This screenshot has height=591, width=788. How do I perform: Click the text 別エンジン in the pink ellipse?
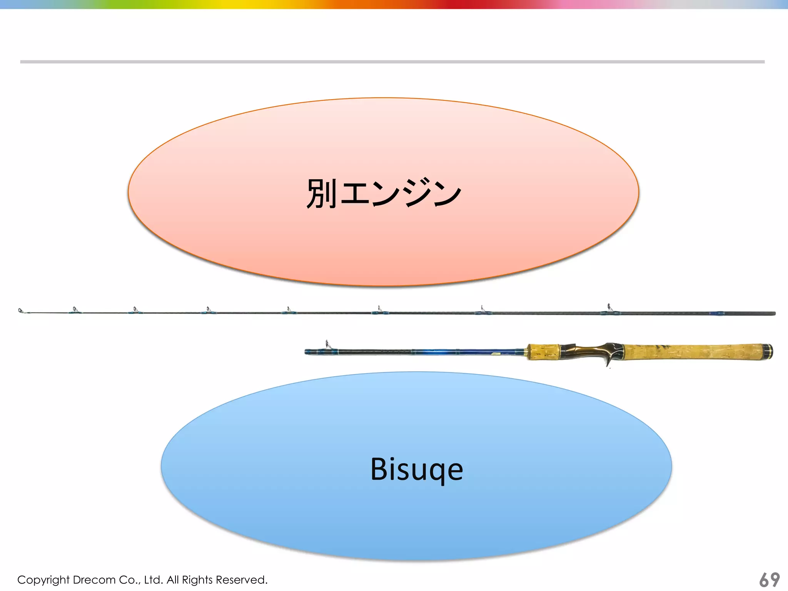[384, 193]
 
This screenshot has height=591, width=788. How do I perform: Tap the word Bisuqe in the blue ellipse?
[417, 469]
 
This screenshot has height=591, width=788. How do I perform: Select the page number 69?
[769, 579]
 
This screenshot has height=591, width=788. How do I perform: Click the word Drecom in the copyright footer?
[94, 579]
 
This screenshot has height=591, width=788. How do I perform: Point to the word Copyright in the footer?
[43, 580]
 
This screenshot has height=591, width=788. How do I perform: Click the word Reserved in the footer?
[241, 579]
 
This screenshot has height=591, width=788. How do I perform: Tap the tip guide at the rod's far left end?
[21, 311]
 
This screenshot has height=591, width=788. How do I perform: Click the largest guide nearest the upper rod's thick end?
[609, 308]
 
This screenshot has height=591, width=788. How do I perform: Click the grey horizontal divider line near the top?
[392, 62]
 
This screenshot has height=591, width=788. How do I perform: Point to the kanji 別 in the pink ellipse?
[321, 193]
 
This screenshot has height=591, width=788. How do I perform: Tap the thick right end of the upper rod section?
[766, 314]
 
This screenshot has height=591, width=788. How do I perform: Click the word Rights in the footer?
[198, 579]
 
